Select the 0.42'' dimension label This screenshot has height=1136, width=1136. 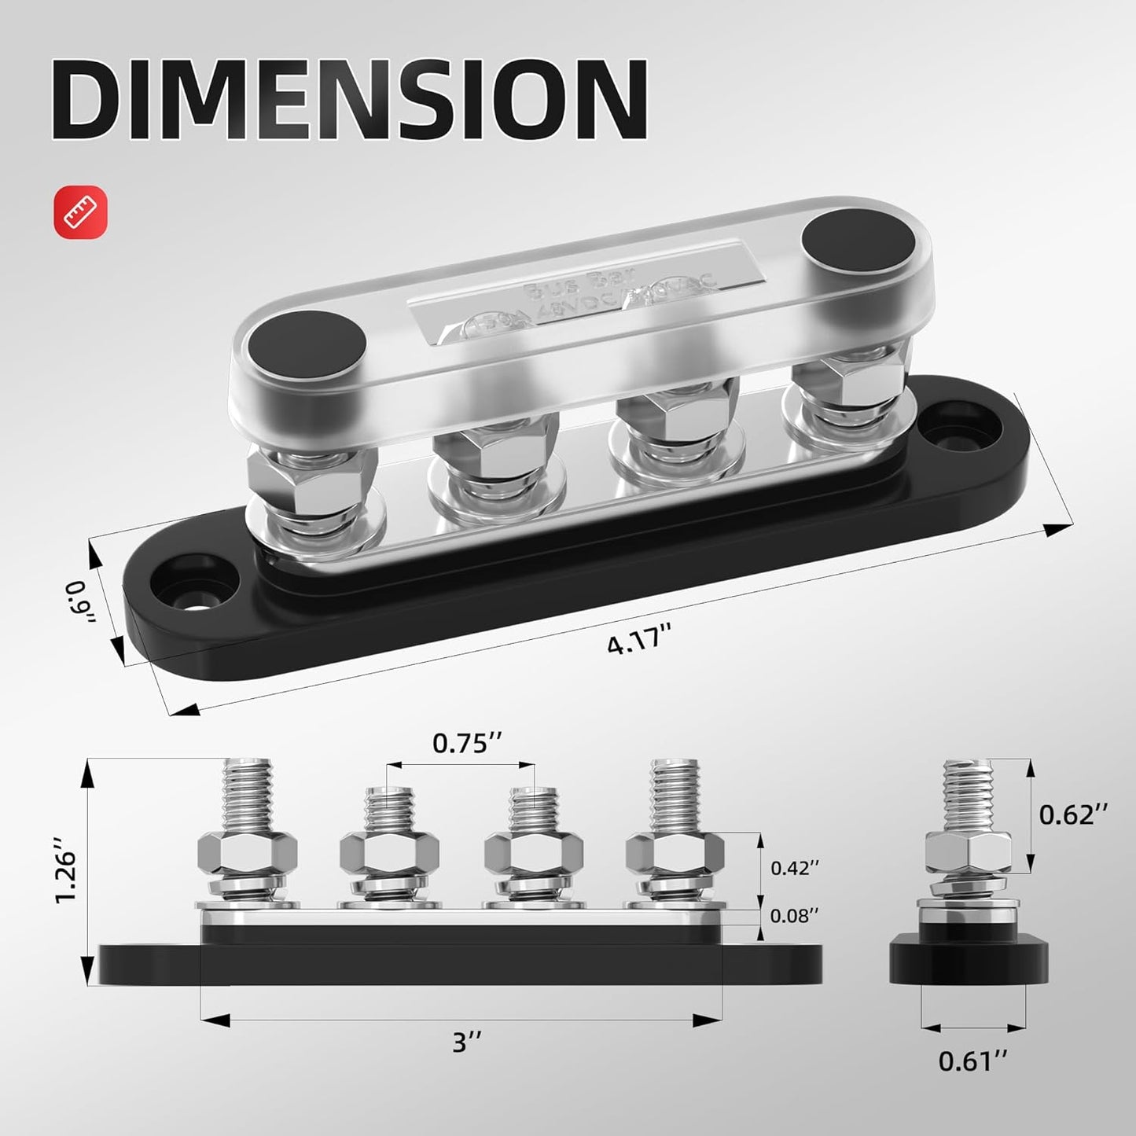point(794,868)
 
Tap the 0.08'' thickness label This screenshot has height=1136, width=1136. point(794,915)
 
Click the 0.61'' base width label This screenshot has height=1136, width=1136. point(973,1061)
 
